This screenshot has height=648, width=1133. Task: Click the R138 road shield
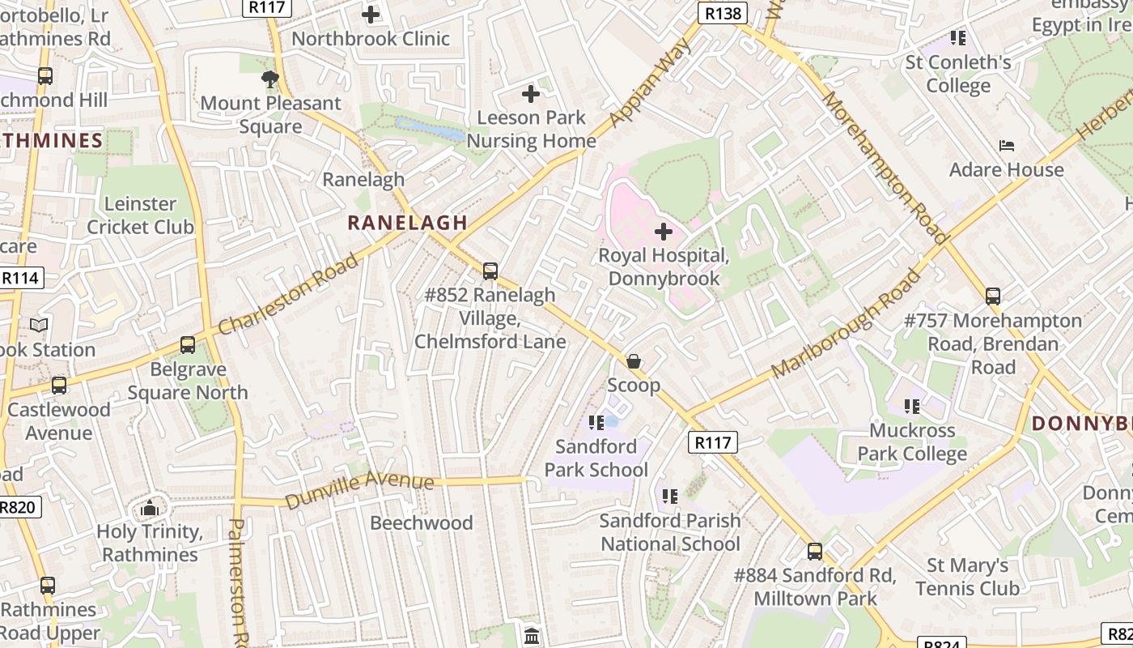coord(723,13)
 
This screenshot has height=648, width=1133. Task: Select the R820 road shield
coord(18,508)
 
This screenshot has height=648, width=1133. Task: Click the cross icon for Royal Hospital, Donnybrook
coord(664,232)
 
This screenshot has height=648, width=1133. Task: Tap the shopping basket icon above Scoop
coord(634,361)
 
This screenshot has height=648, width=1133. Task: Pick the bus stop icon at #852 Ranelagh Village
coord(490,271)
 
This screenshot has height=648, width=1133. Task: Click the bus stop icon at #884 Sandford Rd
coord(815,552)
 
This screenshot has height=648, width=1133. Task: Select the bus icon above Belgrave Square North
coord(188,345)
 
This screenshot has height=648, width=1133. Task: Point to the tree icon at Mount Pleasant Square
coord(270,79)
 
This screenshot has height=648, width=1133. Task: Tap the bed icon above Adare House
coord(1007,146)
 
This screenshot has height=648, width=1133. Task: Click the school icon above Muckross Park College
coord(912,407)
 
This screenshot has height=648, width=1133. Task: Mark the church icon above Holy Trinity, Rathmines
coord(149,509)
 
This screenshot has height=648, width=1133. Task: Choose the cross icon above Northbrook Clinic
coord(371,15)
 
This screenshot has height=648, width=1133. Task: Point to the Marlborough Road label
coord(846,324)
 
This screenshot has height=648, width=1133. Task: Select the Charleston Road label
coord(288,294)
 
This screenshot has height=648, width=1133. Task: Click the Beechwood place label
coord(422,523)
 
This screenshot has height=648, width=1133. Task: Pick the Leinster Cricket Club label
coord(141,215)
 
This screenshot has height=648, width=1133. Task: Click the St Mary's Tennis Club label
coord(968,577)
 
